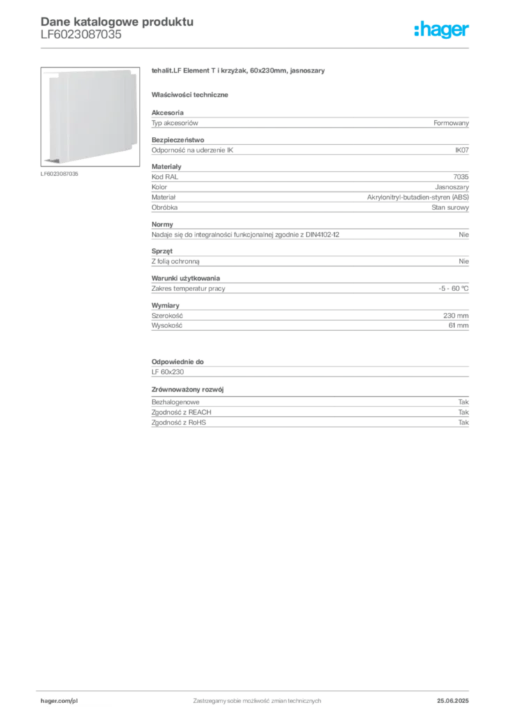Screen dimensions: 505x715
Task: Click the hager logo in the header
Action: point(442,30)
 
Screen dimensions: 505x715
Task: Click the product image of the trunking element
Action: point(90,117)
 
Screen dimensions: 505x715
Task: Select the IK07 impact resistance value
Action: point(462,150)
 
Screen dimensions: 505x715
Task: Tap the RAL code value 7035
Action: point(461,177)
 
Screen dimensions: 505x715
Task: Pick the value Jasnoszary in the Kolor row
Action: point(452,187)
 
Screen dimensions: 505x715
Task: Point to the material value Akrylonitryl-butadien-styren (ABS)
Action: point(418,197)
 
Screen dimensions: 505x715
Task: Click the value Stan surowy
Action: point(451,207)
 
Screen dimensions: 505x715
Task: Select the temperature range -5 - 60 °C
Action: point(453,288)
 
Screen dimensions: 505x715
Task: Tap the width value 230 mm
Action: point(455,316)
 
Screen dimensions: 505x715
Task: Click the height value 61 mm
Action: point(458,325)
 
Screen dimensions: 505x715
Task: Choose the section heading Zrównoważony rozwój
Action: point(188,390)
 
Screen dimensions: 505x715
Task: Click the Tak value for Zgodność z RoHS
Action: point(464,422)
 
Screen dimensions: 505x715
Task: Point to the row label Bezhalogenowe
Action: point(175,402)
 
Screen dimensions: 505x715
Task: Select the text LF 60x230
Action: point(167,372)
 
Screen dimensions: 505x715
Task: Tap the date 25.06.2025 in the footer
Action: point(453,701)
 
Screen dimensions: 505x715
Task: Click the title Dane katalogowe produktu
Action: point(117,22)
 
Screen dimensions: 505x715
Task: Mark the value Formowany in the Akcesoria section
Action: point(451,123)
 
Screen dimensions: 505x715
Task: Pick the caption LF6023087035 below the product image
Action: point(59,174)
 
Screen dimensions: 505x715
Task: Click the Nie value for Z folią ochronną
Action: point(464,261)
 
